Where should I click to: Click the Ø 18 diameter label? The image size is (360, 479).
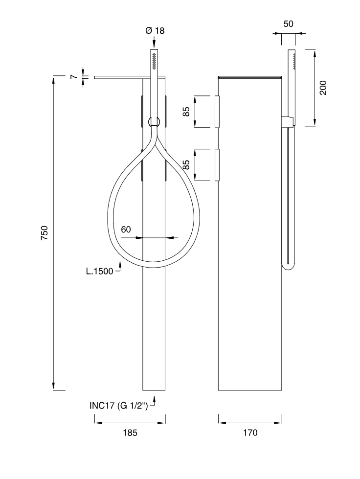pos(155,30)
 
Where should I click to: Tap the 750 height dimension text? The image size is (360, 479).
pos(45,233)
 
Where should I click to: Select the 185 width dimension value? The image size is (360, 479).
pos(130,433)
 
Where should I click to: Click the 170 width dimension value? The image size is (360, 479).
pos(250,433)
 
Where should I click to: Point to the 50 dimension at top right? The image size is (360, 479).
pos(288,24)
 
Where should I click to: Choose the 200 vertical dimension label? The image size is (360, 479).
pos(323,88)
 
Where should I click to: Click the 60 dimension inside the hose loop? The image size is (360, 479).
pos(126,229)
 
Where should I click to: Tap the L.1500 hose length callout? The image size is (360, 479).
pos(100,271)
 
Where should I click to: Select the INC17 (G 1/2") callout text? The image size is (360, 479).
pos(119,406)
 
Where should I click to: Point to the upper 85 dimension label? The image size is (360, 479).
pos(186,112)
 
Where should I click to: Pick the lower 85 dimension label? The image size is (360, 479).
pos(186,165)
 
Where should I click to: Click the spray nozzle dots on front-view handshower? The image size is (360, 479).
pos(155,60)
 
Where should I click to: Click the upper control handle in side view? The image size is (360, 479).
pos(217,112)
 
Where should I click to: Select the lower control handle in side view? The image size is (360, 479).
pos(217,165)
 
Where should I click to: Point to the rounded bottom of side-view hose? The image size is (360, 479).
pos(288,265)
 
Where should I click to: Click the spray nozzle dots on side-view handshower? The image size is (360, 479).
pos(294,60)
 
